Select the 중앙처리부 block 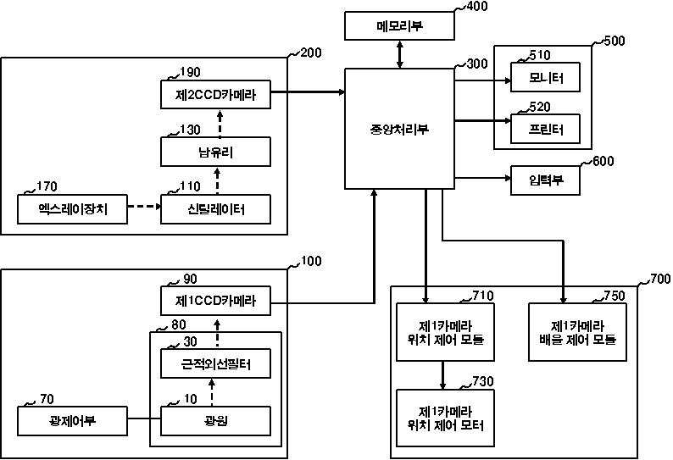(x=399, y=129)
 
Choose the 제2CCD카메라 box (x=216, y=97)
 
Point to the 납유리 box (x=216, y=153)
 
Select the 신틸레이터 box (x=216, y=209)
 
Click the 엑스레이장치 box (x=72, y=209)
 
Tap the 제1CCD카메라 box (x=216, y=301)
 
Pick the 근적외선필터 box (x=216, y=364)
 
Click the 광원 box (x=216, y=420)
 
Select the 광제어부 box (x=72, y=420)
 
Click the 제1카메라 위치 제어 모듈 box (x=445, y=332)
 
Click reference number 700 (x=659, y=278)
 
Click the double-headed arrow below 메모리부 (x=400, y=54)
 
